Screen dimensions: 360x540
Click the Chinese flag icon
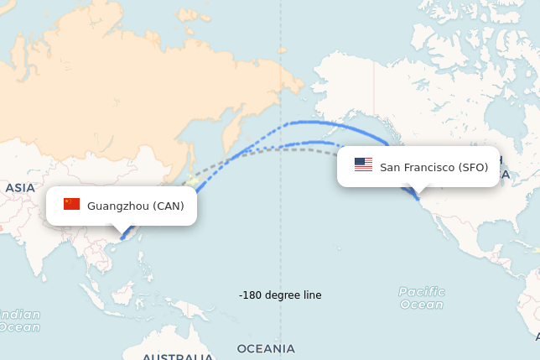[x=71, y=204]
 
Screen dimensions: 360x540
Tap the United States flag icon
[x=363, y=164]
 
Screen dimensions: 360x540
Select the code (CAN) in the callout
[x=169, y=206]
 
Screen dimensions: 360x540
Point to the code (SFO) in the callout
[x=473, y=167]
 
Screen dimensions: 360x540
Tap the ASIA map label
[x=20, y=188]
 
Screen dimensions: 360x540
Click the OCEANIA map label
[x=266, y=348]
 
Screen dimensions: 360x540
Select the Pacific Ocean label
[x=422, y=298]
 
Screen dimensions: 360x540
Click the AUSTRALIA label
[x=177, y=357]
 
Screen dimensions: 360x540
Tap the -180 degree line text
[x=280, y=295]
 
